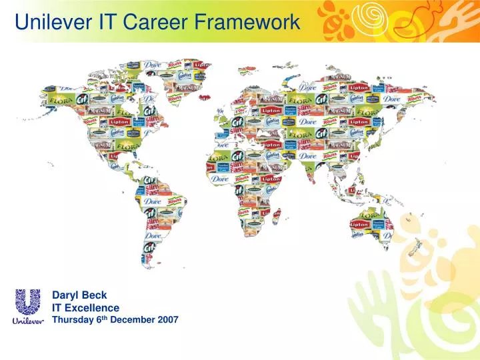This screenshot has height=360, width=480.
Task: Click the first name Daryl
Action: tap(65, 295)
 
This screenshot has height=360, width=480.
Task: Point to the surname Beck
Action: tap(94, 295)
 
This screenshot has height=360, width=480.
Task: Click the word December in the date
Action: tap(133, 320)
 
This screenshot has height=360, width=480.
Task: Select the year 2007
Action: tap(167, 320)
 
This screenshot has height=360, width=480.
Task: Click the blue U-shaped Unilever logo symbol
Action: tap(28, 301)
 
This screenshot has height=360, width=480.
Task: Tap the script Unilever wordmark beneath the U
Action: tap(28, 321)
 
